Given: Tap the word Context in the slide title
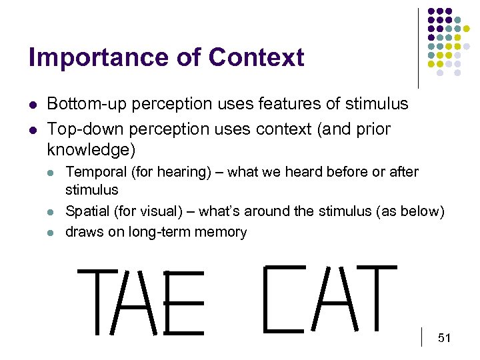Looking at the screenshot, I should point(256,58).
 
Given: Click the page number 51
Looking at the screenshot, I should point(445,339).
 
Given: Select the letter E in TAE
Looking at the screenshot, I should point(184,303).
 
